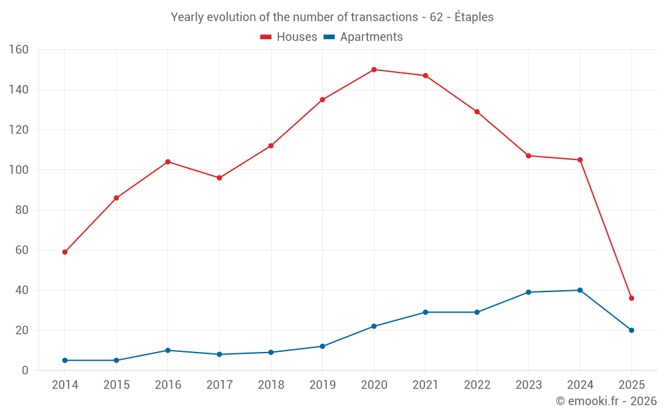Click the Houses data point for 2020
tap(374, 70)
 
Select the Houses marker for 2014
tap(65, 252)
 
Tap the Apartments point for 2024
tap(580, 290)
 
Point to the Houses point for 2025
tap(631, 298)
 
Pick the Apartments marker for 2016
tap(168, 350)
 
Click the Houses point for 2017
tap(219, 178)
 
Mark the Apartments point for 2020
tap(374, 326)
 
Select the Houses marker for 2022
tap(477, 112)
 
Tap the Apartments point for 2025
tap(631, 330)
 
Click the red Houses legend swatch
tap(266, 37)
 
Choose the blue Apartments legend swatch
tap(329, 37)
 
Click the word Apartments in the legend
tap(371, 37)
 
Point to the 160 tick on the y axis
tap(19, 50)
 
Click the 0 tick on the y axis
tap(25, 371)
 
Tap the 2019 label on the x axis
tap(322, 385)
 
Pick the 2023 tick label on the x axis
tap(529, 385)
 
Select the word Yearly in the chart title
tap(188, 17)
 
